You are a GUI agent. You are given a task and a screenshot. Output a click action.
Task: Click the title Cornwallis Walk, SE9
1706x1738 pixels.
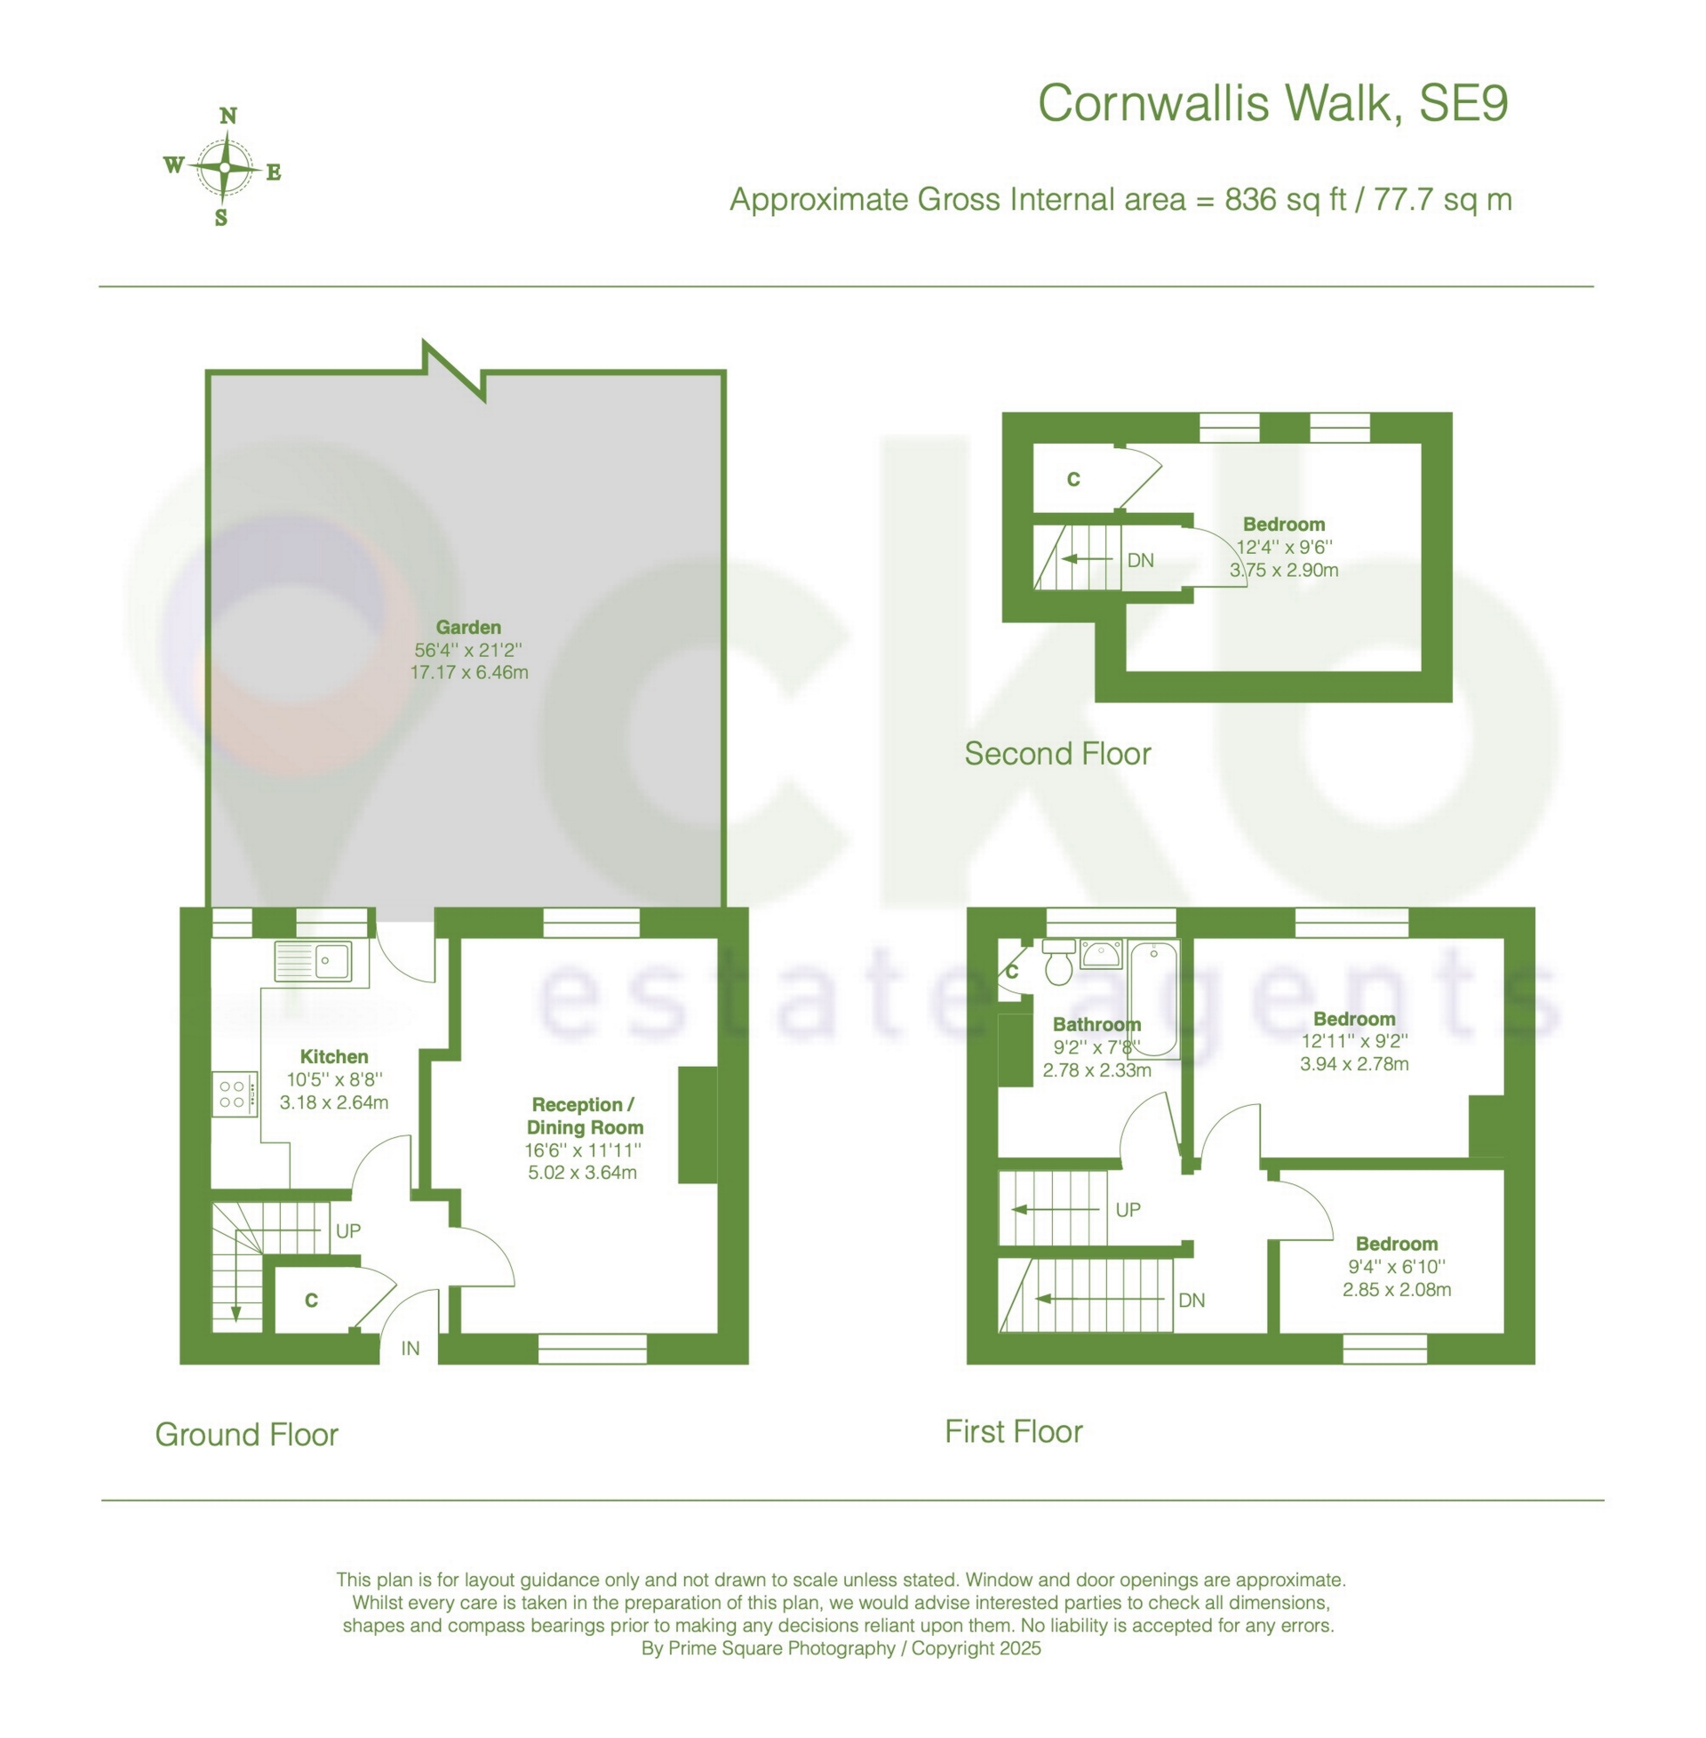click(1272, 103)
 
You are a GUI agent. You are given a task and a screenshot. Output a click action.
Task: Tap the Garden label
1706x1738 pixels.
click(468, 628)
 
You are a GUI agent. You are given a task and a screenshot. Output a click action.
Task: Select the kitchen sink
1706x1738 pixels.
click(314, 961)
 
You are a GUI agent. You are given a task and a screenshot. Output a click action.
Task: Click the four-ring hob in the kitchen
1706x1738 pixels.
click(233, 1094)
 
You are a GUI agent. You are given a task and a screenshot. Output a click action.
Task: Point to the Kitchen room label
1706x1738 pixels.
click(334, 1057)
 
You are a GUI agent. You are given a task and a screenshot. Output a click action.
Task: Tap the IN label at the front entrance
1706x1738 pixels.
click(411, 1348)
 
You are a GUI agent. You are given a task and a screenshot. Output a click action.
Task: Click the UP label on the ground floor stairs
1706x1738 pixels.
click(347, 1230)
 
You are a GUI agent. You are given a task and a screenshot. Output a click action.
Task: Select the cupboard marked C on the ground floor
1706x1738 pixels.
click(311, 1300)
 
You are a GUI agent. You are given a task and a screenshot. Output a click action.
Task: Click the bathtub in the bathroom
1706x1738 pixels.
click(1154, 998)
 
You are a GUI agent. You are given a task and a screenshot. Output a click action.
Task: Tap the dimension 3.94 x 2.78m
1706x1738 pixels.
click(1354, 1064)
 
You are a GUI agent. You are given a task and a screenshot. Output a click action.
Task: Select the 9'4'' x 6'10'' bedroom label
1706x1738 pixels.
click(1396, 1267)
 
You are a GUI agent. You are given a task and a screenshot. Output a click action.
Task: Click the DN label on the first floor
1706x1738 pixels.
click(1192, 1300)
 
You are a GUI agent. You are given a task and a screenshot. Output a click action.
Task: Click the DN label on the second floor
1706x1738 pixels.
click(1141, 560)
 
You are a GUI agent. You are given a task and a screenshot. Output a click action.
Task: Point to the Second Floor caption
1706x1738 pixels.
click(1057, 754)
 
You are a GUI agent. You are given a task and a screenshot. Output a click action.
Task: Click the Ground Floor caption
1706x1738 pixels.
click(246, 1434)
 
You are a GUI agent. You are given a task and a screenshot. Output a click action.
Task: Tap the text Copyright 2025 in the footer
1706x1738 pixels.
click(977, 1648)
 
